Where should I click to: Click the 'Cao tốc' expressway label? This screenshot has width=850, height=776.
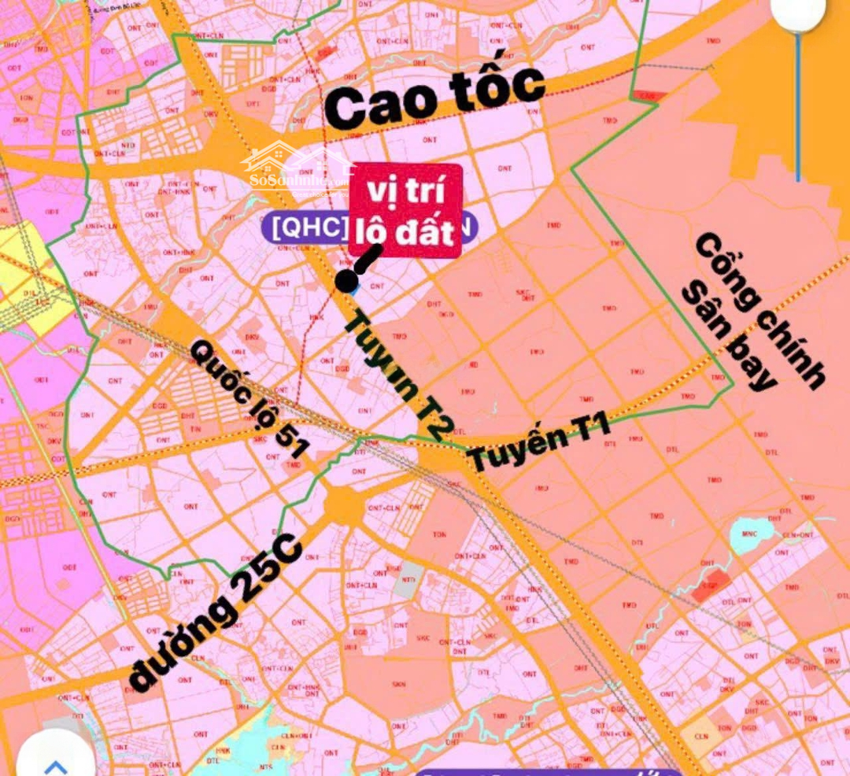434,98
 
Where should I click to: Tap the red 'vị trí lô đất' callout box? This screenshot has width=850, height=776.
405,211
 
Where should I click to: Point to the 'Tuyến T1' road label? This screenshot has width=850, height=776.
539,445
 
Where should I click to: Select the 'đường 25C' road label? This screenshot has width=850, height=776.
214,611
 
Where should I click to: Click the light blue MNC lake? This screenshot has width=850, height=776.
751,535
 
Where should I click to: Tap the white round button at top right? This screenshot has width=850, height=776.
797,12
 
